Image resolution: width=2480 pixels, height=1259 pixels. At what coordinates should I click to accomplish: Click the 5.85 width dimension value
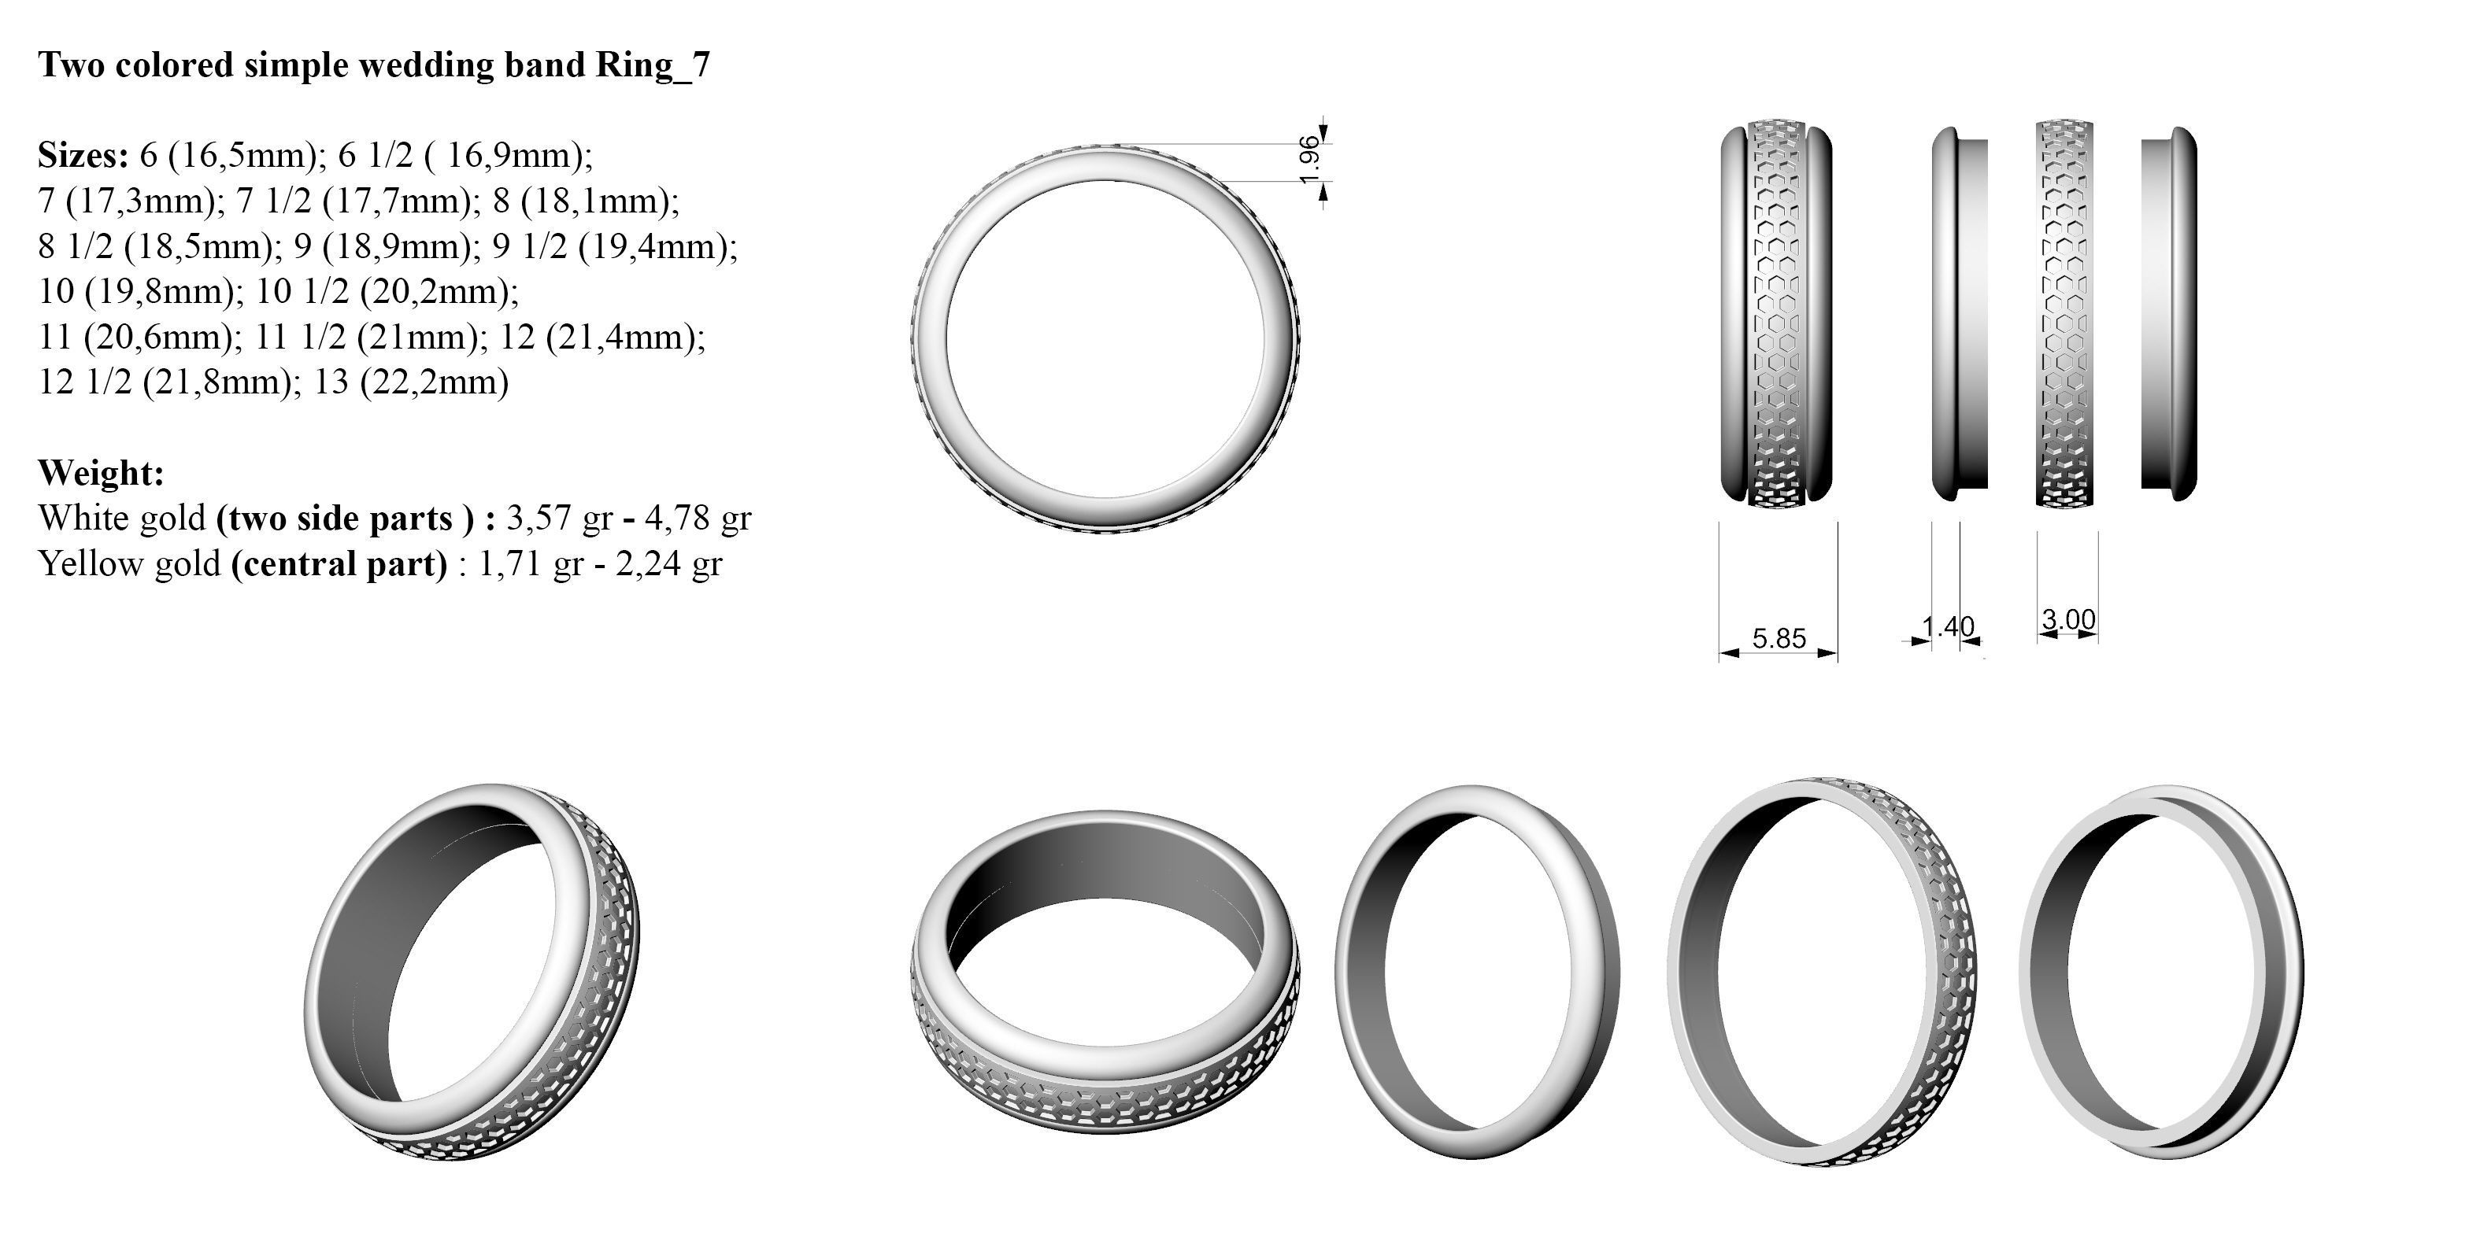(x=1779, y=639)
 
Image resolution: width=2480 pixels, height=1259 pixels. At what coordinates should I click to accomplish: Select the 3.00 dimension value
(x=2068, y=619)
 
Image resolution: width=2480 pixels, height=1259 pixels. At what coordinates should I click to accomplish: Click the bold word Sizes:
(x=83, y=154)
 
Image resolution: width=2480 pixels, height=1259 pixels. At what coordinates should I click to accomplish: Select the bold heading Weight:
(x=101, y=473)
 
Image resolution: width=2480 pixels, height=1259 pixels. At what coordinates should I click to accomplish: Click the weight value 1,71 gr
(x=531, y=563)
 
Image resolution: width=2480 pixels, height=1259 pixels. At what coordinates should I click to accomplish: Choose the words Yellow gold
(x=130, y=563)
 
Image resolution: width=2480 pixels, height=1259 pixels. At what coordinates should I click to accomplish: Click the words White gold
(x=122, y=518)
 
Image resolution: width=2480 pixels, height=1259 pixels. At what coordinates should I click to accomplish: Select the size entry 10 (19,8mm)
(x=139, y=290)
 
